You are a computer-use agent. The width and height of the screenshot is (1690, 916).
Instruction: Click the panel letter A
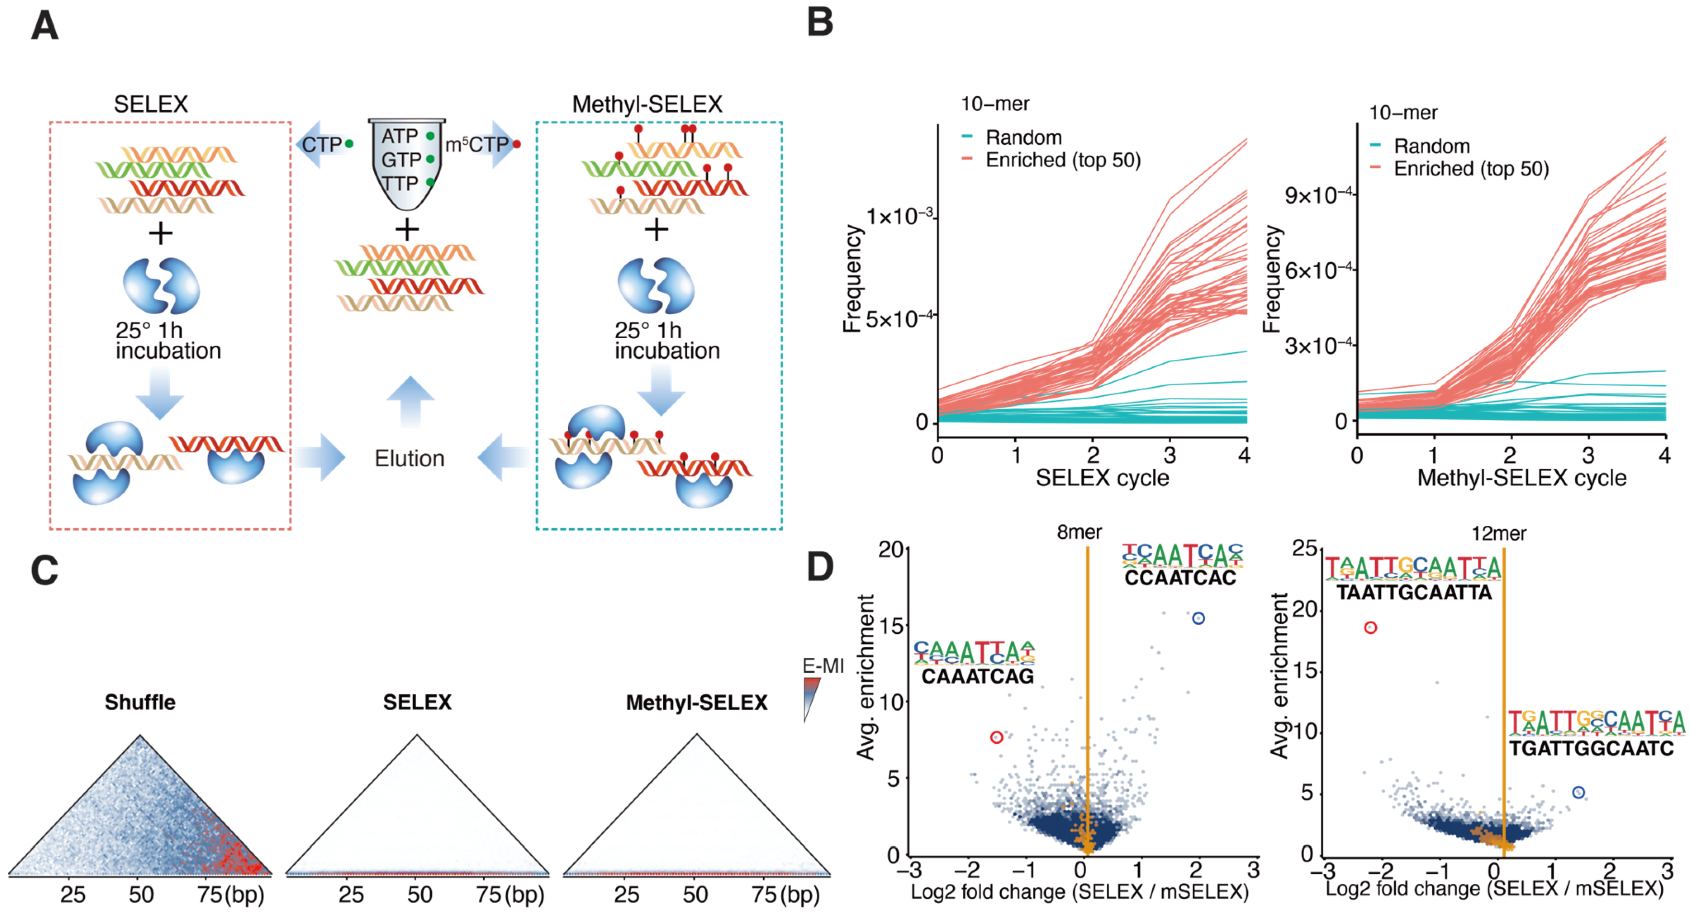pyautogui.click(x=45, y=26)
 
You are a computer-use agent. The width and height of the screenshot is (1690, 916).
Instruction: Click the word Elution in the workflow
pyautogui.click(x=409, y=459)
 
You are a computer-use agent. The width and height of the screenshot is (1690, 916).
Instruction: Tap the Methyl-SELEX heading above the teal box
pyautogui.click(x=647, y=104)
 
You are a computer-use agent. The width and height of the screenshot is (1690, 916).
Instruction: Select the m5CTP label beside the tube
pyautogui.click(x=477, y=145)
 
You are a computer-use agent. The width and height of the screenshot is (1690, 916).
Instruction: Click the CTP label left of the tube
pyautogui.click(x=321, y=145)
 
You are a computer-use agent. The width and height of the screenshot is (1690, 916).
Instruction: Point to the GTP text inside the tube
pyautogui.click(x=401, y=159)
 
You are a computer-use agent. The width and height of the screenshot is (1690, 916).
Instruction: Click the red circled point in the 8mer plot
pyautogui.click(x=997, y=738)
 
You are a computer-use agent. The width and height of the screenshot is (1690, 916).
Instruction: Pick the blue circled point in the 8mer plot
pyautogui.click(x=1199, y=618)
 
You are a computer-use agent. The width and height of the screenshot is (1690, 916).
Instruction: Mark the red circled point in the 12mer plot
pyautogui.click(x=1370, y=628)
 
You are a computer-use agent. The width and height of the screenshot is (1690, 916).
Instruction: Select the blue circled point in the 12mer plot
pyautogui.click(x=1578, y=793)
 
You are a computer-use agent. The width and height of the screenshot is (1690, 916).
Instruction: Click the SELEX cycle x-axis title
pyautogui.click(x=1102, y=478)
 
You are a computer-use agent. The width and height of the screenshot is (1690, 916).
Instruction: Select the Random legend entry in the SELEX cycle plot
pyautogui.click(x=1023, y=138)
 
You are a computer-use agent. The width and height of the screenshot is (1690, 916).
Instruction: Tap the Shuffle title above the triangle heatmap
pyautogui.click(x=140, y=702)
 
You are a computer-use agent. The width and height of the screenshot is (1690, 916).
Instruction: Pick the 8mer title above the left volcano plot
pyautogui.click(x=1079, y=532)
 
